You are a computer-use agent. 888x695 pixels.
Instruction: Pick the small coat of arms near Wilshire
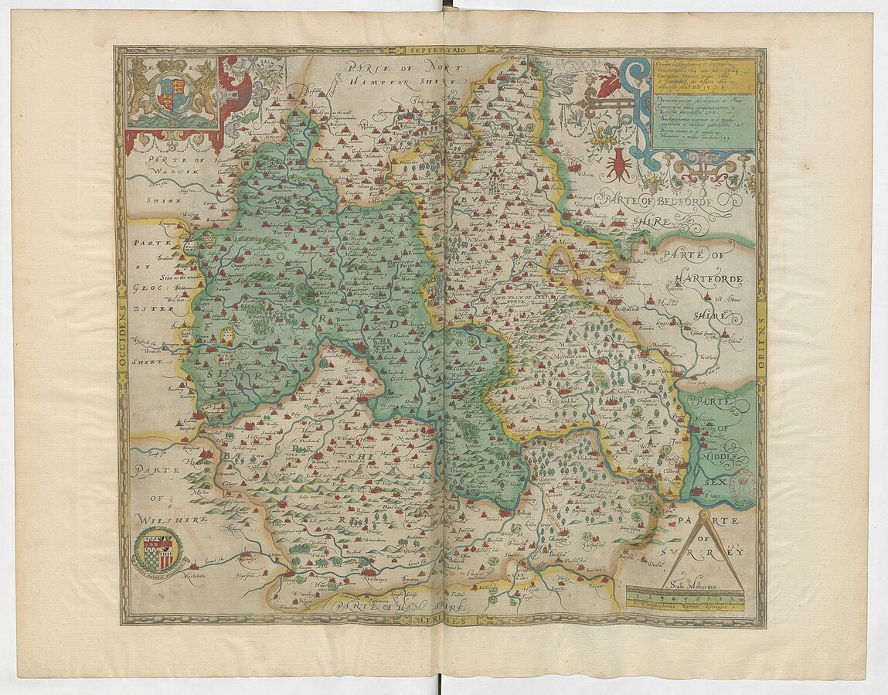click(x=159, y=550)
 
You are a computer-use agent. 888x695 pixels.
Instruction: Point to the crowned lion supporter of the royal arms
click(x=142, y=87)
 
